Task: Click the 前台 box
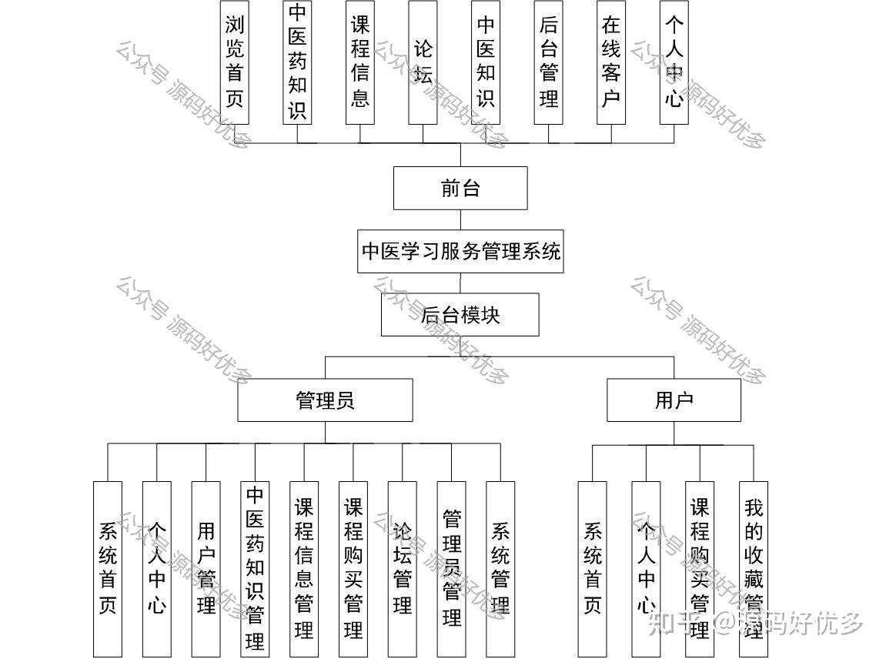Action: pyautogui.click(x=460, y=188)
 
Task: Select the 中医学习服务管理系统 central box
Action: pyautogui.click(x=460, y=251)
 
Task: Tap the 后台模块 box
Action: pyautogui.click(x=460, y=315)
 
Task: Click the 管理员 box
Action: pyautogui.click(x=325, y=400)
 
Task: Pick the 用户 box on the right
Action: pyautogui.click(x=674, y=400)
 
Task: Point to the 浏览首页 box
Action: pyautogui.click(x=235, y=62)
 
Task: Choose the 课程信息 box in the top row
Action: pyautogui.click(x=360, y=62)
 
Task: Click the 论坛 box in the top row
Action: pyautogui.click(x=423, y=62)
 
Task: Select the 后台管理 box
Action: pyautogui.click(x=549, y=62)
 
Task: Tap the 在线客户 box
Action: pyautogui.click(x=611, y=62)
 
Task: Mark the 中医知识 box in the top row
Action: pyautogui.click(x=486, y=62)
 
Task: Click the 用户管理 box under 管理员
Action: pyautogui.click(x=206, y=568)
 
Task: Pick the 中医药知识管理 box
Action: pyautogui.click(x=255, y=568)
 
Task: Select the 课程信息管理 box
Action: pyautogui.click(x=304, y=568)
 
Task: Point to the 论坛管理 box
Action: pyautogui.click(x=402, y=568)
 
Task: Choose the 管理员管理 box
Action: pyautogui.click(x=451, y=568)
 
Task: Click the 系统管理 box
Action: pyautogui.click(x=500, y=568)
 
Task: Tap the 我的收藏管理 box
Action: pyautogui.click(x=754, y=568)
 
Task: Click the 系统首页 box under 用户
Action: pyautogui.click(x=592, y=568)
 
